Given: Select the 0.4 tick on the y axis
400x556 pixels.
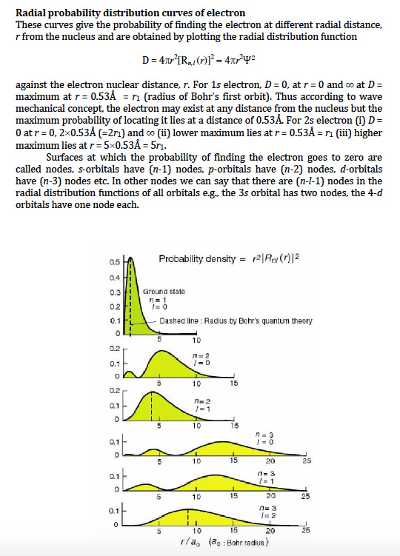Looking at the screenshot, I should click(114, 277).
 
